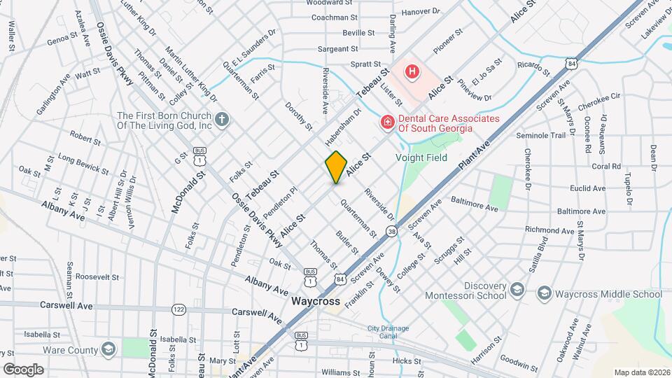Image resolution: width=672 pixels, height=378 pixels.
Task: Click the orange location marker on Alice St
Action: [336, 167]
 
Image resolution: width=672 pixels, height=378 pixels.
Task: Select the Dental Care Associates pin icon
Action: [386, 122]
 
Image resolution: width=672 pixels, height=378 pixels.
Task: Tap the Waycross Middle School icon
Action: [545, 294]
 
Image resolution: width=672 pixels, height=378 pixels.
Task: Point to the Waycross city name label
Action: [315, 302]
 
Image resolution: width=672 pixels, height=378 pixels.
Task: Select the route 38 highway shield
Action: [391, 230]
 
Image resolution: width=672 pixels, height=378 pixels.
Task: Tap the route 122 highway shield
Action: [179, 309]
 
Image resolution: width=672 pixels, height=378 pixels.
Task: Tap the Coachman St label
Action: [335, 17]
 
